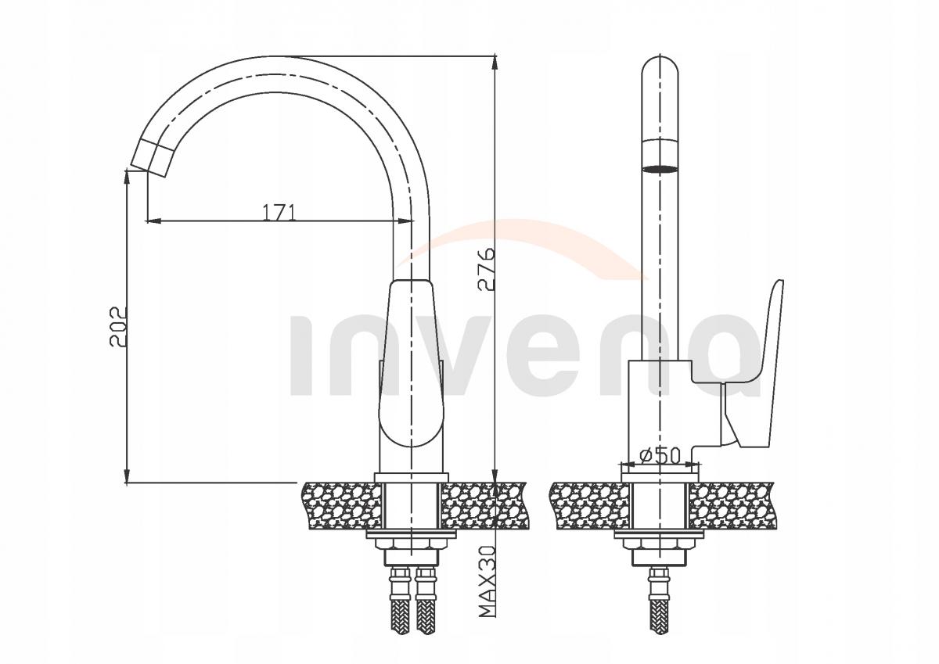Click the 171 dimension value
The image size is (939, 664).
(x=279, y=212)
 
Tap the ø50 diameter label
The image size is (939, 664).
(x=660, y=456)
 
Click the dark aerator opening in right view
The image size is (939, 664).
(x=660, y=169)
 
